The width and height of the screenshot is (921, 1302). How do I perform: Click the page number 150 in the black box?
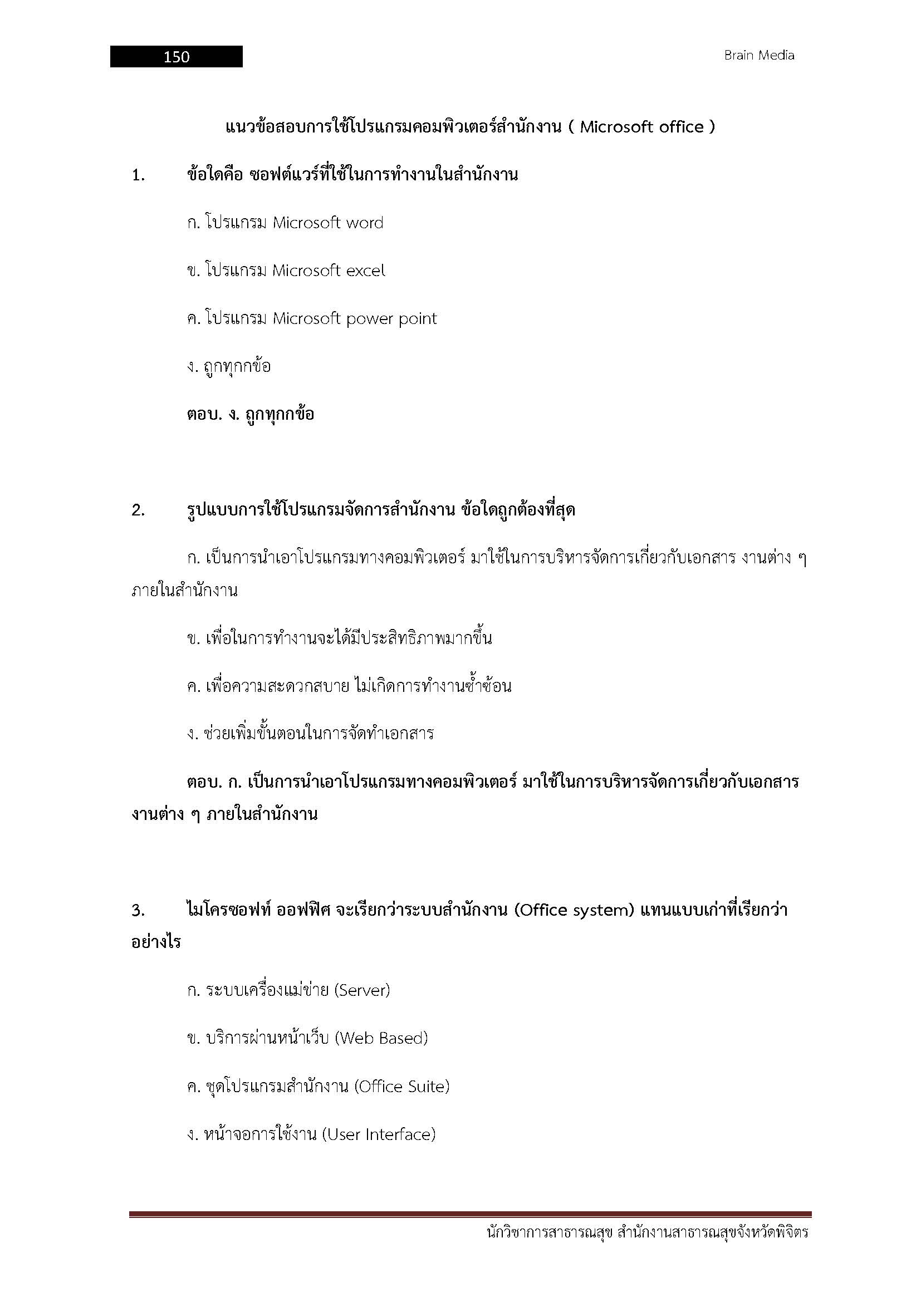177,57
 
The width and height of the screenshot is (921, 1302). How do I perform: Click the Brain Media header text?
759,56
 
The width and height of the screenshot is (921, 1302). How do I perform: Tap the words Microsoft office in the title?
641,127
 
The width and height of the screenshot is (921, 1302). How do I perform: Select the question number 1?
138,176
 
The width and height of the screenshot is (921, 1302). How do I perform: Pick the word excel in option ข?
365,271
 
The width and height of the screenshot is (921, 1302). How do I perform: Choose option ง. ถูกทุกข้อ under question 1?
229,366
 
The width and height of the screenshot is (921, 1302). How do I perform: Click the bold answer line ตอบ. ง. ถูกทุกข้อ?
250,415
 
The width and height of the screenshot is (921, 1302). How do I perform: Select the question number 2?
138,510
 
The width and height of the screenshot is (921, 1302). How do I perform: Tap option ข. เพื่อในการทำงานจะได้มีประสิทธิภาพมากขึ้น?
339,638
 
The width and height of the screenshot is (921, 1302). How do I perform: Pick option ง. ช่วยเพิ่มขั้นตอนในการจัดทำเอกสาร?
310,734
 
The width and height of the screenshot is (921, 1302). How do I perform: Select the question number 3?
138,911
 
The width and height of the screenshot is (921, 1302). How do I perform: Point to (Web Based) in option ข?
381,1038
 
